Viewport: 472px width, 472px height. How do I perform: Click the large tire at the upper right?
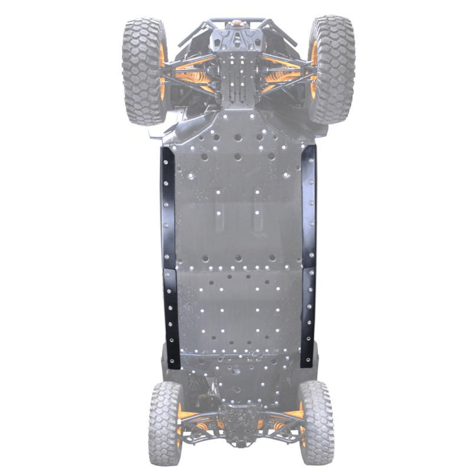[333, 69]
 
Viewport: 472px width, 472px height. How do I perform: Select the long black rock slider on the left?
[168, 208]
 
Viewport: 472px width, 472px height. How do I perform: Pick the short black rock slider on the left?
[172, 319]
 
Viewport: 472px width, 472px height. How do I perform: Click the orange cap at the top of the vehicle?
[237, 23]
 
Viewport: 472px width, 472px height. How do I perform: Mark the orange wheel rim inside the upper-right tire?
[314, 70]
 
